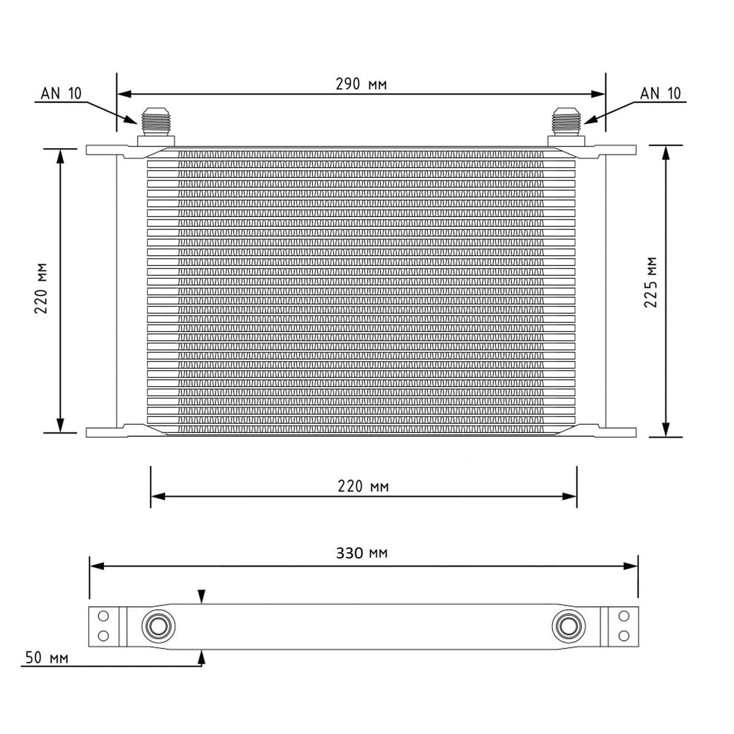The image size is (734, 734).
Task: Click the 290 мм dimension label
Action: pyautogui.click(x=361, y=84)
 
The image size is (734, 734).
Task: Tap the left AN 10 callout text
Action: pyautogui.click(x=61, y=94)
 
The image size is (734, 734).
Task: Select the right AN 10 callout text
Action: pyautogui.click(x=660, y=94)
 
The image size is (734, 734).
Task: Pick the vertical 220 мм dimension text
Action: pyautogui.click(x=41, y=288)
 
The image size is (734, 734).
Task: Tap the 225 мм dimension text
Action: pyautogui.click(x=651, y=282)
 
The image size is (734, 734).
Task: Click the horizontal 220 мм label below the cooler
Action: pyautogui.click(x=363, y=486)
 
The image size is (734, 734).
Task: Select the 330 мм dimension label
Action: pyautogui.click(x=361, y=553)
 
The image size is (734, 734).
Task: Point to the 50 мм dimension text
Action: pyautogui.click(x=47, y=658)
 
